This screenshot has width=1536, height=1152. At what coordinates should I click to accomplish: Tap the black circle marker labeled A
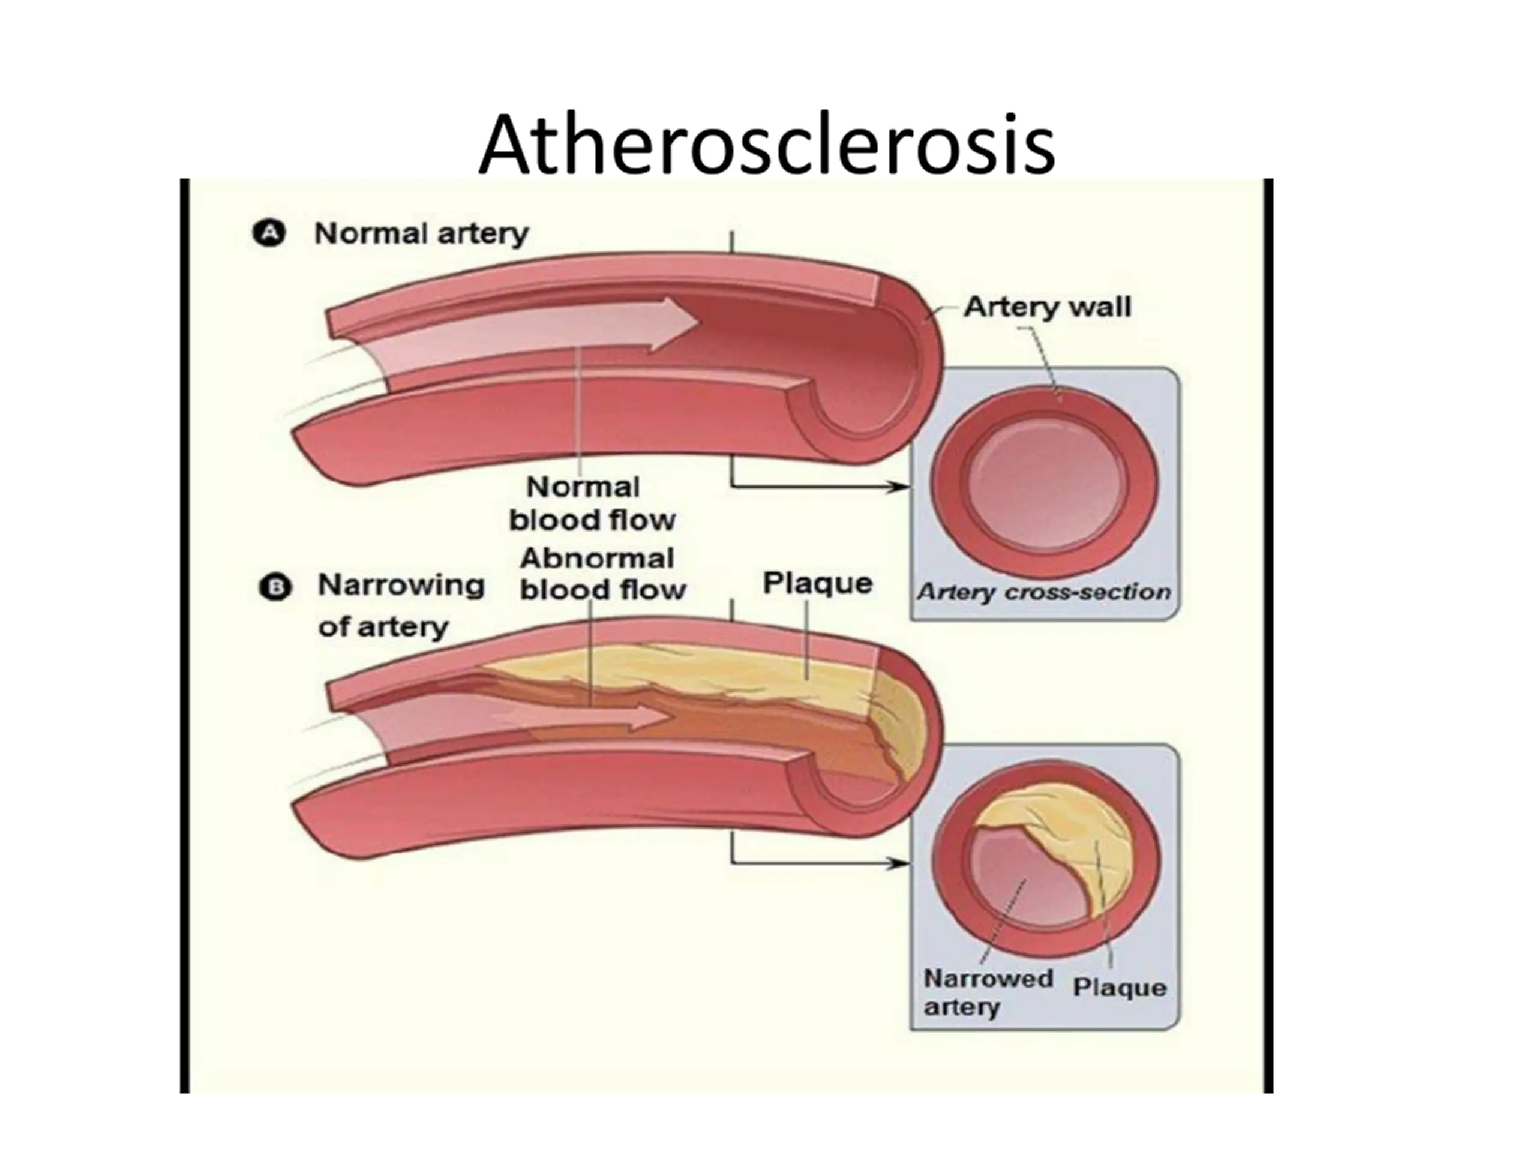click(269, 233)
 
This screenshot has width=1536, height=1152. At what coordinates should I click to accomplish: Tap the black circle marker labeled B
click(275, 587)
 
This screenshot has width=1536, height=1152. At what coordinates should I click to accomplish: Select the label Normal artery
click(421, 233)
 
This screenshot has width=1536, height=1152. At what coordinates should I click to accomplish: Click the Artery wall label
click(1046, 307)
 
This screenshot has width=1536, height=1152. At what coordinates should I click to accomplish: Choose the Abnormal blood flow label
click(601, 574)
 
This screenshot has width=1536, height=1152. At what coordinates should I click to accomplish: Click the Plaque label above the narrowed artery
click(817, 583)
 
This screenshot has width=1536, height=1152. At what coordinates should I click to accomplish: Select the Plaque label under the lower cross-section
click(1120, 987)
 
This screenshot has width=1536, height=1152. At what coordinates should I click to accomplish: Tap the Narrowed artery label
click(988, 992)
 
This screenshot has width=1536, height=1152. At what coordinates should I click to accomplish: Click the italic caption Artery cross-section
click(1043, 592)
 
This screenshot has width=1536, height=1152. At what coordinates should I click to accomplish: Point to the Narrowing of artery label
click(400, 605)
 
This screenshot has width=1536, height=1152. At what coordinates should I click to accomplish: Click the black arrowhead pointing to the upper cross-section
click(901, 487)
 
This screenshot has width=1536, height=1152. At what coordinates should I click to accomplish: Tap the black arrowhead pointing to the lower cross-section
click(901, 863)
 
